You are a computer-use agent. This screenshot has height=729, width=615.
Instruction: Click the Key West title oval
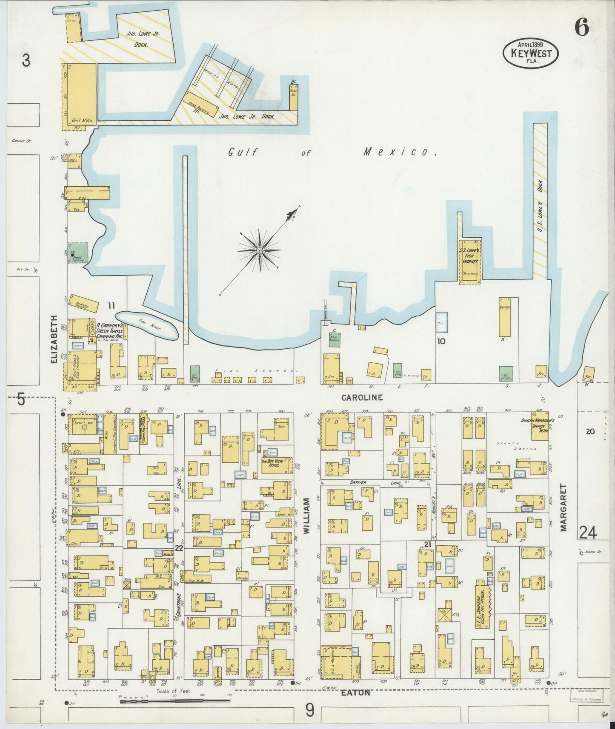(x=531, y=54)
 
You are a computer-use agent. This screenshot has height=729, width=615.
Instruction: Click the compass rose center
(x=259, y=251)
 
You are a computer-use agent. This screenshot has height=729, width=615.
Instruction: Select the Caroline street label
(x=362, y=398)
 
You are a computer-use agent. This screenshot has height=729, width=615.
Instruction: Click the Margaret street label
(x=564, y=507)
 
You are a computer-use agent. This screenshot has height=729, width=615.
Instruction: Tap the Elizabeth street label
(x=54, y=339)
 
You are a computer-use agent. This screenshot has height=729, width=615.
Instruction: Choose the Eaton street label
(x=355, y=693)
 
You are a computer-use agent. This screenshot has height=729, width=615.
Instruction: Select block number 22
(x=179, y=548)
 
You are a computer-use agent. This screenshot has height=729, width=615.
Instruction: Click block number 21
(x=428, y=545)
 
